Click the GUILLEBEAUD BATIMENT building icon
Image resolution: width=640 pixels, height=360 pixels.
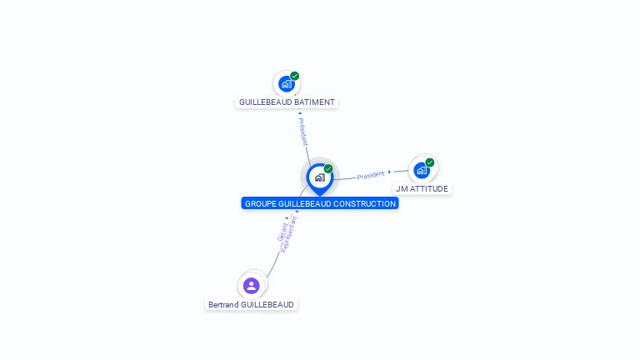(286, 84)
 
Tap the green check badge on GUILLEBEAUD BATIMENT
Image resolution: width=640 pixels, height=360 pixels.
(295, 76)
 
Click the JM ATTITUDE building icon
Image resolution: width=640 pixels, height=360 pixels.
(422, 171)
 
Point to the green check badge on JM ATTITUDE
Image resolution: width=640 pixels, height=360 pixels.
(430, 162)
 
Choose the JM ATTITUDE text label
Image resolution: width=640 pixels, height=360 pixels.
(422, 189)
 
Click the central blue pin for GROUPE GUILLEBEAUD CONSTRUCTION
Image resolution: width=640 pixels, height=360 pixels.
(319, 177)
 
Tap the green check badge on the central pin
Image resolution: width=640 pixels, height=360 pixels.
(328, 169)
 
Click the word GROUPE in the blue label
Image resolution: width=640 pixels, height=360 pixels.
(260, 204)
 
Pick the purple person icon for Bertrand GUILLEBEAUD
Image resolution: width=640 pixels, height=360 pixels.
(251, 286)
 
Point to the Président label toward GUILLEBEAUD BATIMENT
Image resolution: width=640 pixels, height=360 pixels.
(303, 132)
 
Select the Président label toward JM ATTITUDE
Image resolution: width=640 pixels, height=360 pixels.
(370, 175)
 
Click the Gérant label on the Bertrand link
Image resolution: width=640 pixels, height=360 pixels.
(282, 232)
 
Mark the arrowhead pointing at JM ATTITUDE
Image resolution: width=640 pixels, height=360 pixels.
(389, 172)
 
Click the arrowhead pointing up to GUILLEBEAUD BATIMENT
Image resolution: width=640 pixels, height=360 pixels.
(299, 113)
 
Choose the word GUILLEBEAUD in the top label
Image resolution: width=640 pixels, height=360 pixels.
(263, 102)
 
